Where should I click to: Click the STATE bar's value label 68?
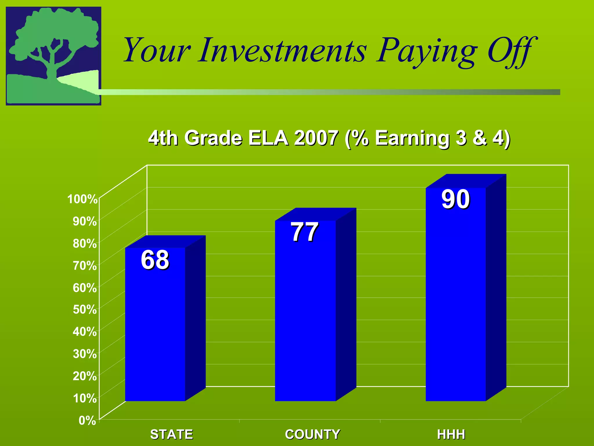[x=155, y=260]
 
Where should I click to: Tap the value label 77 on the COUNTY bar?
[x=305, y=232]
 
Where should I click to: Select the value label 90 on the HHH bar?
[x=455, y=199]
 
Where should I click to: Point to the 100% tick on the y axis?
[x=82, y=199]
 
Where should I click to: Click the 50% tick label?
[x=85, y=310]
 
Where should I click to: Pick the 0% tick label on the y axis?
[x=87, y=420]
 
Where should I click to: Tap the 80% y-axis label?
[x=85, y=243]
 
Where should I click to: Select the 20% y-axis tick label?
[x=85, y=376]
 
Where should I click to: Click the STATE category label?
[x=171, y=434]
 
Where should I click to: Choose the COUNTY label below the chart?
[x=312, y=434]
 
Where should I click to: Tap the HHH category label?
[x=451, y=434]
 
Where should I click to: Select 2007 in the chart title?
[x=316, y=138]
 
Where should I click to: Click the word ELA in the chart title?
[x=268, y=138]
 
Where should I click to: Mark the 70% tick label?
[x=85, y=265]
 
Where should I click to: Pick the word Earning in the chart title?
[x=412, y=138]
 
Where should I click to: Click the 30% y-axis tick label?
[x=85, y=354]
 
